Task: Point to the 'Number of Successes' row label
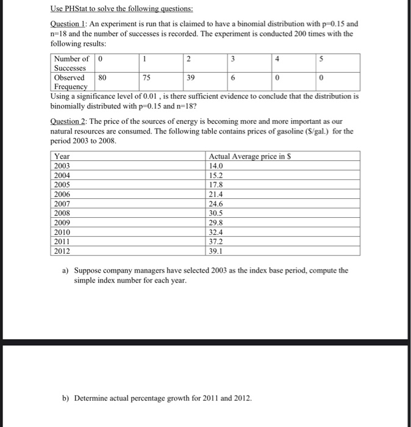[x=71, y=63]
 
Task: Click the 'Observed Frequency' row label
[x=71, y=82]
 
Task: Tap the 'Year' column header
[x=62, y=157]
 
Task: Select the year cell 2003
[x=63, y=166]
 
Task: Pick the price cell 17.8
[x=216, y=185]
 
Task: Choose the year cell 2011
[x=63, y=242]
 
